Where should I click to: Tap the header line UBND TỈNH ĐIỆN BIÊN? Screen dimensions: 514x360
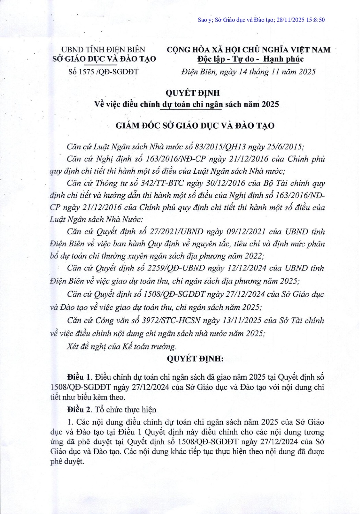coord(103,50)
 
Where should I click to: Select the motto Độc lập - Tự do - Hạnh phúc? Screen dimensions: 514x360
coord(250,59)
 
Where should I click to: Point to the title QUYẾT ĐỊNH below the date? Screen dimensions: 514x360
coord(193,93)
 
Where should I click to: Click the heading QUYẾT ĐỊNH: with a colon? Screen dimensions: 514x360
coord(195,359)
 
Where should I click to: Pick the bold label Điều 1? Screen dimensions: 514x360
coord(79,377)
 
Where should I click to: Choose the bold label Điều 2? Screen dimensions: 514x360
coord(79,410)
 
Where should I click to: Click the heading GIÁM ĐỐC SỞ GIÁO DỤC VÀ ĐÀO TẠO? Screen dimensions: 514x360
coord(195,126)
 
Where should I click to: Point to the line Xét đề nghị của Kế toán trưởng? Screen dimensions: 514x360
coord(121,346)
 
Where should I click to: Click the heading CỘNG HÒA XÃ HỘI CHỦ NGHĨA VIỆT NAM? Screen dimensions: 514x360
coord(249,50)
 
